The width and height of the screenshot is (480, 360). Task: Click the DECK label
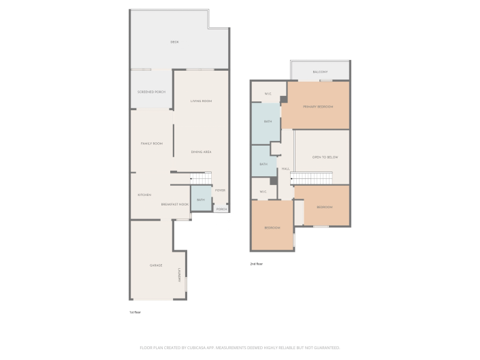click(x=174, y=42)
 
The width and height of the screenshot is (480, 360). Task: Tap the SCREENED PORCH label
click(x=151, y=92)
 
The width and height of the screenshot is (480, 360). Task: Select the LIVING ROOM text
click(x=202, y=101)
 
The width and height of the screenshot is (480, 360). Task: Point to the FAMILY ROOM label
click(x=151, y=144)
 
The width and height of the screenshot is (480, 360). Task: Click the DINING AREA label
click(x=202, y=152)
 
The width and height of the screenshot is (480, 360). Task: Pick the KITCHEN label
click(x=144, y=195)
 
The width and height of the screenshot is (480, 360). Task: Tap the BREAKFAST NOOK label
click(x=174, y=204)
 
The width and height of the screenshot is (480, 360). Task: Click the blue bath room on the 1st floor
click(x=201, y=199)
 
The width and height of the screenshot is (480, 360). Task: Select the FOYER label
click(x=220, y=191)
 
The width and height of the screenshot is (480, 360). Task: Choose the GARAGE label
click(x=156, y=265)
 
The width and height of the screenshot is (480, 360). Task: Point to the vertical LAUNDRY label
click(x=180, y=274)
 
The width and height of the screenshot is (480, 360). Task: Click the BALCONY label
click(x=320, y=72)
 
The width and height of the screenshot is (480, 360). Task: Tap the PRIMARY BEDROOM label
click(x=317, y=106)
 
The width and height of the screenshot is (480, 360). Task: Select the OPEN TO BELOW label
click(x=325, y=157)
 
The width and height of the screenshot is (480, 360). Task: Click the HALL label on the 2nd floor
click(x=285, y=169)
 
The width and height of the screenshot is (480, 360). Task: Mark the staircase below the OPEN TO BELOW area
click(x=311, y=178)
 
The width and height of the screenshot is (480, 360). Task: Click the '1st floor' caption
click(x=135, y=312)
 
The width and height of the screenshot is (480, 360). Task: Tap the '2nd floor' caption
click(x=256, y=263)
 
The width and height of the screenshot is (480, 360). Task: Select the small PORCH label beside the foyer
click(x=221, y=209)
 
